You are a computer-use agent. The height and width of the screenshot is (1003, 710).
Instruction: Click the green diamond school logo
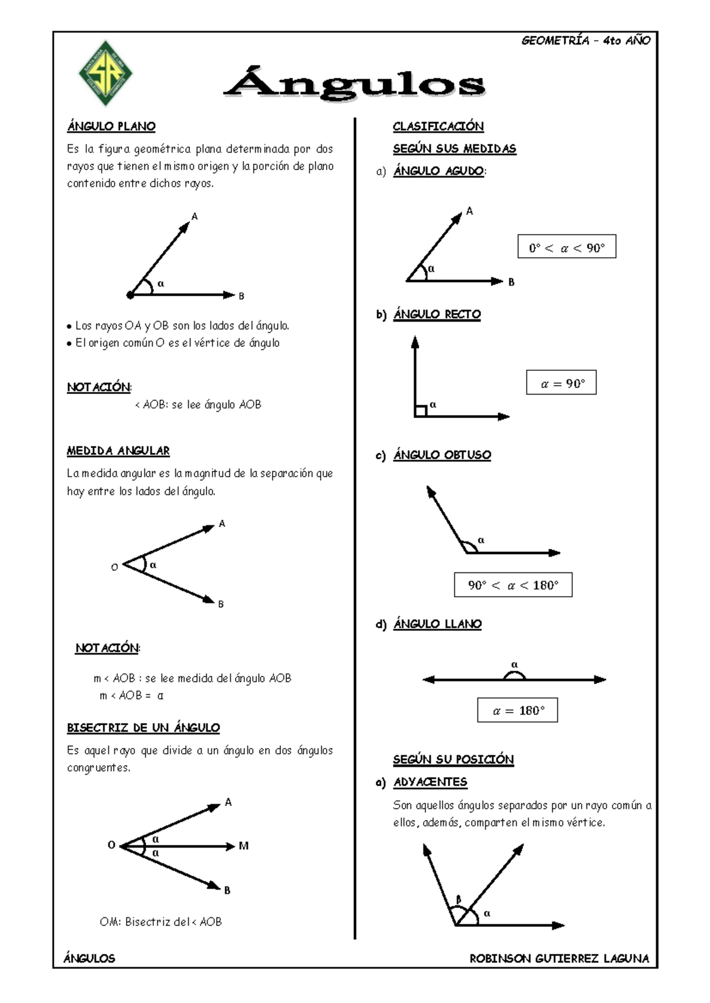(105, 73)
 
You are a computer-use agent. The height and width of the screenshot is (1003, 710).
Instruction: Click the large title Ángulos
(354, 85)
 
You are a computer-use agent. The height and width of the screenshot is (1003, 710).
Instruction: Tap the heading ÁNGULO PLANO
(111, 126)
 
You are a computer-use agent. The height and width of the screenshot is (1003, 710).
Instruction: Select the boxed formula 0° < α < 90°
(566, 247)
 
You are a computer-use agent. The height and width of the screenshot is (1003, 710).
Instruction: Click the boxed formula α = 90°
(561, 383)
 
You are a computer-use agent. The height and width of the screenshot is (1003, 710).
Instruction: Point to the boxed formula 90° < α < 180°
(512, 584)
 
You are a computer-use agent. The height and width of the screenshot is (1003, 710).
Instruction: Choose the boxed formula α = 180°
(517, 710)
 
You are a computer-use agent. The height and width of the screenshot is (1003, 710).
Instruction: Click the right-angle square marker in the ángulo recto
(420, 411)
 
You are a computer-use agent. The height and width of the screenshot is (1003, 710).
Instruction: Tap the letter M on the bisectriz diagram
(243, 846)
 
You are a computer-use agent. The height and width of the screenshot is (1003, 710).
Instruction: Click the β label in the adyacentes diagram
(458, 900)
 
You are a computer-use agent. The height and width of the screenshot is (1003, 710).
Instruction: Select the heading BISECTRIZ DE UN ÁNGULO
(143, 727)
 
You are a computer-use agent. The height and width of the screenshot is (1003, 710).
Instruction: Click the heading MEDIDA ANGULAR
(118, 451)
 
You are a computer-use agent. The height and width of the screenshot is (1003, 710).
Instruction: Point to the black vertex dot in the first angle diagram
(130, 295)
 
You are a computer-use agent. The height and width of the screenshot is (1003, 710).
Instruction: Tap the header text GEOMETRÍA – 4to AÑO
(585, 40)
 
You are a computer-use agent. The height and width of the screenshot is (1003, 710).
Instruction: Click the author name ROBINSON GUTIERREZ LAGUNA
(559, 958)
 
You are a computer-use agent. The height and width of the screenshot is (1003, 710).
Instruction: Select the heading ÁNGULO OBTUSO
(442, 455)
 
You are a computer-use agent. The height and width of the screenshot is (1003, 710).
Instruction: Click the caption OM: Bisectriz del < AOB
(160, 921)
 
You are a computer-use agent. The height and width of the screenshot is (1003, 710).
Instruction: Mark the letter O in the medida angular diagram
(115, 567)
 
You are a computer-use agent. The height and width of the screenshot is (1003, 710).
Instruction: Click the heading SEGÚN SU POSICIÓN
(453, 759)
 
